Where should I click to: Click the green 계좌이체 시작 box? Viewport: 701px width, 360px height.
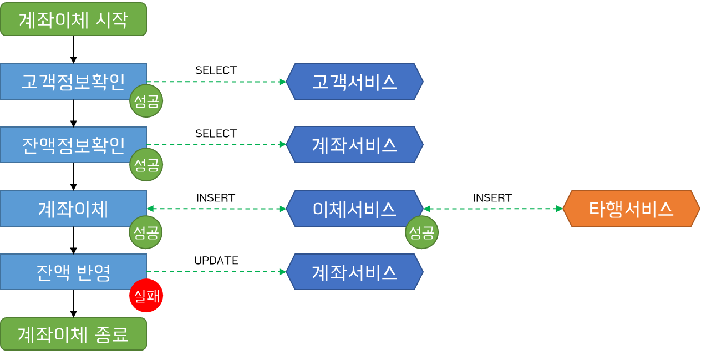click(73, 19)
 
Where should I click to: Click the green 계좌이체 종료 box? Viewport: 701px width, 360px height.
click(73, 334)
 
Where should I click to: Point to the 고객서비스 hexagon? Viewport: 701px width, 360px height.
click(355, 82)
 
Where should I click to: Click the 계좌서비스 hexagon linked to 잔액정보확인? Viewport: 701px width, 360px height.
click(355, 145)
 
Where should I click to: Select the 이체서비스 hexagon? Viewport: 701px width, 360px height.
click(355, 209)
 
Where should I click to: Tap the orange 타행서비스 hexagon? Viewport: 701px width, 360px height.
click(631, 209)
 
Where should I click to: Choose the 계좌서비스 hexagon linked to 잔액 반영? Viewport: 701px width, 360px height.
click(355, 272)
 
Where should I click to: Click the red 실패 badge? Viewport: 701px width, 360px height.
click(146, 296)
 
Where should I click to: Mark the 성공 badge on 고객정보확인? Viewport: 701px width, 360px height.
click(146, 102)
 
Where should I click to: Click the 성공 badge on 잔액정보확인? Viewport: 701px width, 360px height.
click(146, 165)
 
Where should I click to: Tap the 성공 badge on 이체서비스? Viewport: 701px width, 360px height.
click(422, 232)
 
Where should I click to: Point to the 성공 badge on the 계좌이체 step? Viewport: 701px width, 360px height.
click(146, 232)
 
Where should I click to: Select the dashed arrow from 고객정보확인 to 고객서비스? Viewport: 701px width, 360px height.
click(216, 82)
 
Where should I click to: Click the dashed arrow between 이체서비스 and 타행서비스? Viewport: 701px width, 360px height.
click(493, 209)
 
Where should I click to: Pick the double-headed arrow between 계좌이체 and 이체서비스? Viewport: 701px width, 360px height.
click(216, 209)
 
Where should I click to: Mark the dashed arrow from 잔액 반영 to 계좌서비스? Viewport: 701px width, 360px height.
click(216, 272)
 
